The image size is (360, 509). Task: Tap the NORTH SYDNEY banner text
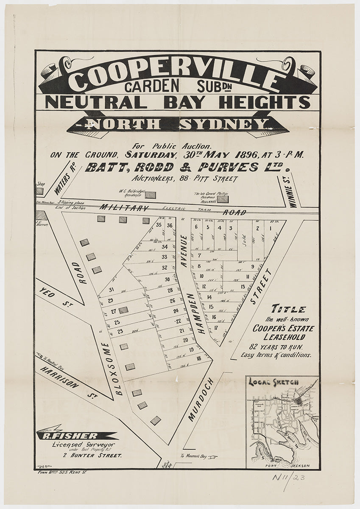tap(178, 124)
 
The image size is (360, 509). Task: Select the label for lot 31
tap(112, 290)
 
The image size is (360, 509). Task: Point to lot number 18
tap(198, 358)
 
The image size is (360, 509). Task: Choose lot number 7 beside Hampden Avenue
tap(198, 255)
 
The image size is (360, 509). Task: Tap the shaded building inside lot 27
tap(123, 310)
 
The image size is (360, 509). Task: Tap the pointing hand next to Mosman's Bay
tap(212, 456)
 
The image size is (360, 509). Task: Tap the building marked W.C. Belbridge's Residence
tap(151, 194)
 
